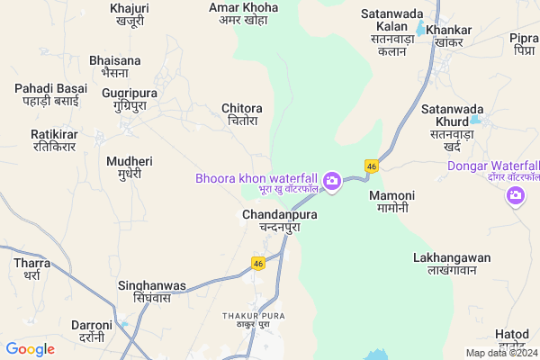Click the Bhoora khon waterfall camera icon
tap(332, 181)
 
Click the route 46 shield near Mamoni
tap(371, 166)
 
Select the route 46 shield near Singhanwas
tap(257, 263)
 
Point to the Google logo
tap(31, 349)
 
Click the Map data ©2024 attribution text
tap(499, 353)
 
